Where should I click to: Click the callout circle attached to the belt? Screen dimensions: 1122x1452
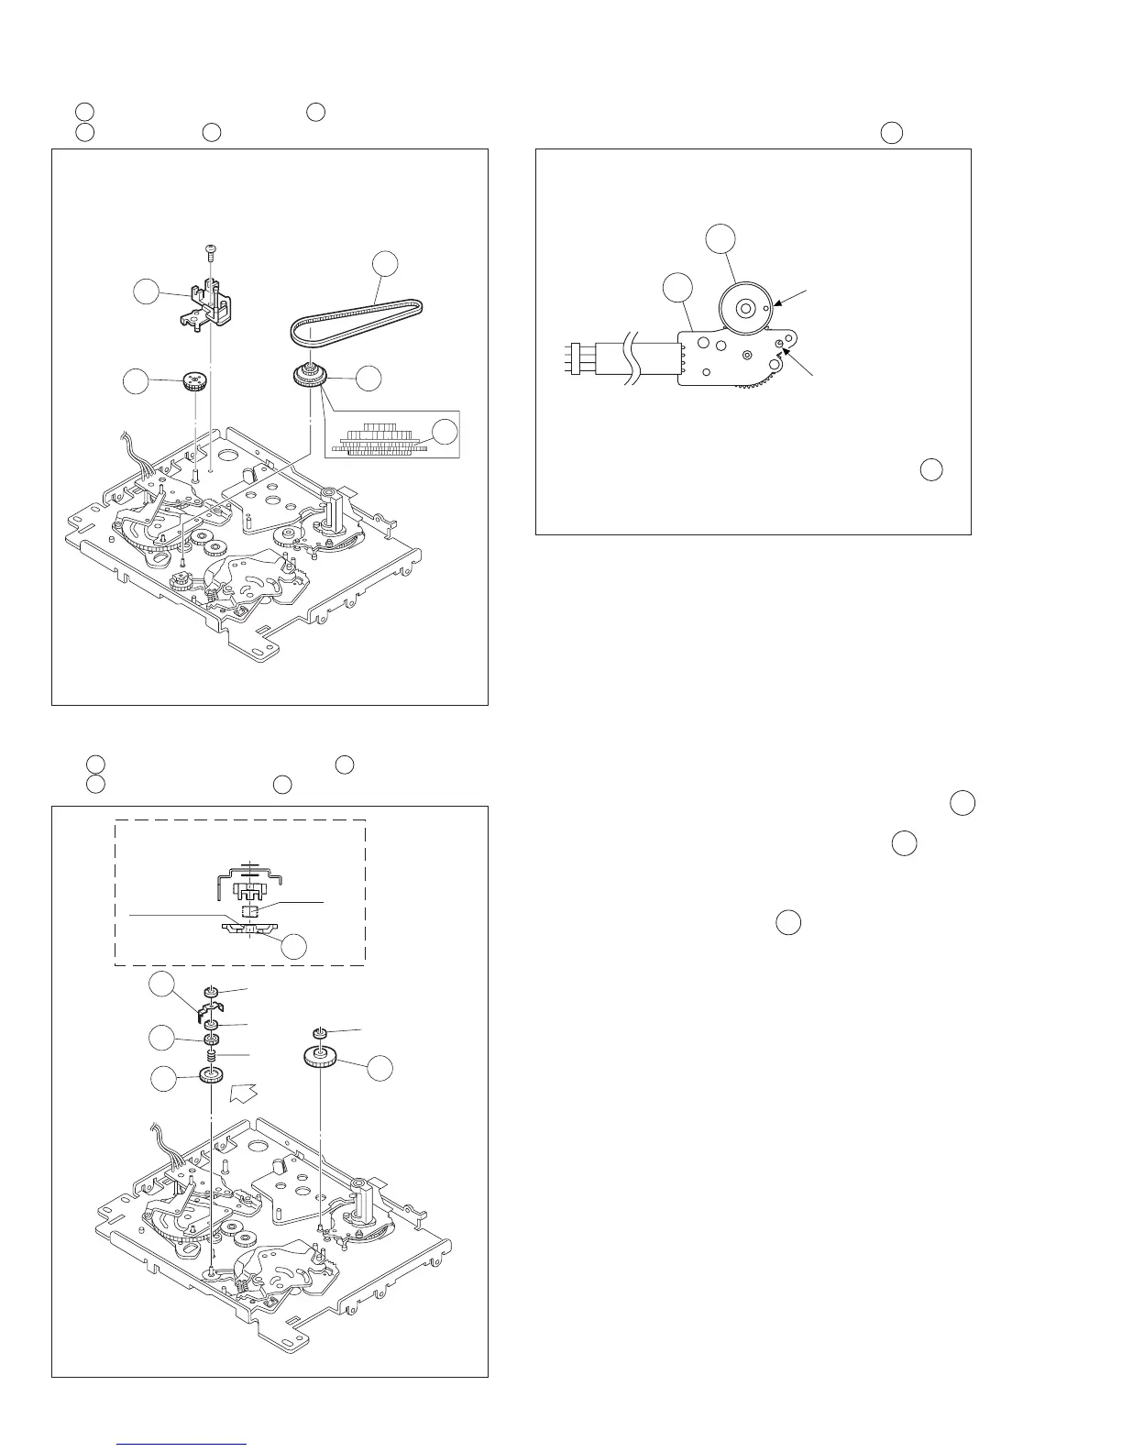click(x=385, y=263)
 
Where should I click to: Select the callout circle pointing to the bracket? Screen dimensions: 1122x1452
click(x=146, y=292)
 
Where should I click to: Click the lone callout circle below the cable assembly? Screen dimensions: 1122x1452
click(x=931, y=469)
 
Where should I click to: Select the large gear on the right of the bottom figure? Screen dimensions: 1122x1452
click(x=320, y=1060)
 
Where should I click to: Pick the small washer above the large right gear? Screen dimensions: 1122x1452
click(x=320, y=1033)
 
